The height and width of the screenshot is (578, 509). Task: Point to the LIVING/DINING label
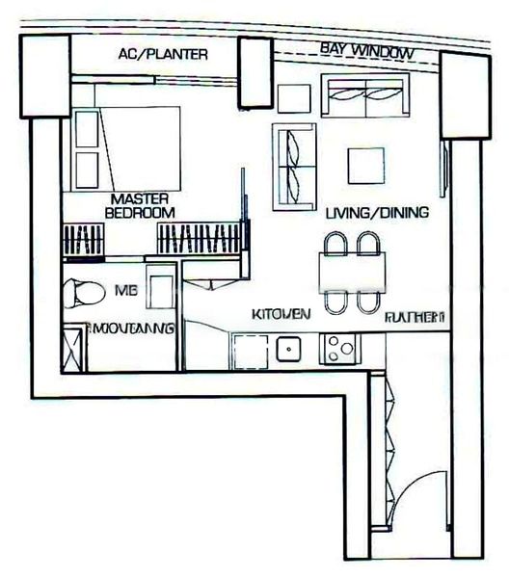[x=376, y=213]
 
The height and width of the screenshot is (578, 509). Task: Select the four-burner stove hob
[x=339, y=347]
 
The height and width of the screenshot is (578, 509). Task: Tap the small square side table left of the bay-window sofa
[x=292, y=97]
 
